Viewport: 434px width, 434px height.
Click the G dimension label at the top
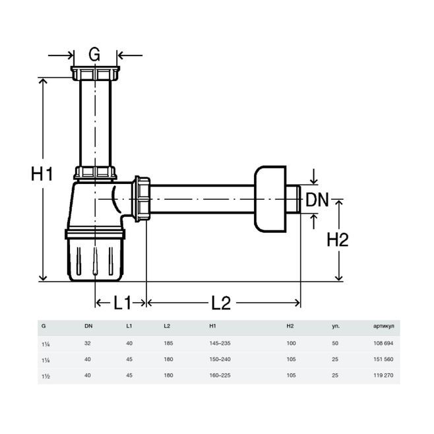pos(94,54)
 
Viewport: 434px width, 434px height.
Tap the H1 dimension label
pos(42,174)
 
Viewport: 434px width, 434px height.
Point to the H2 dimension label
pos(338,239)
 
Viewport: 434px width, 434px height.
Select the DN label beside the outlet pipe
pos(317,200)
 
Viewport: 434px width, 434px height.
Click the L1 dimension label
pos(122,303)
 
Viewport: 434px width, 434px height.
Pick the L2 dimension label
pos(221,303)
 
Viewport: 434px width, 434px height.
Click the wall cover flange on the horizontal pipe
pos(270,199)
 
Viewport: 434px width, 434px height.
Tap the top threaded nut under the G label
pos(95,73)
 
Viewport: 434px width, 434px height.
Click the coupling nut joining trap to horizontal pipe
pos(141,199)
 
